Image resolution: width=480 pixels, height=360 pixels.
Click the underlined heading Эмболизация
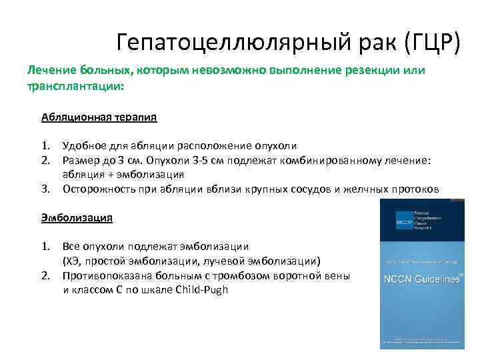(x=77, y=217)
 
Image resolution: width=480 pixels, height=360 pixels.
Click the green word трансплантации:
(x=75, y=87)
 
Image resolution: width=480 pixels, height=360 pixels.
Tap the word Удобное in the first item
(x=83, y=146)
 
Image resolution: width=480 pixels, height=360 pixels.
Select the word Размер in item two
(x=80, y=160)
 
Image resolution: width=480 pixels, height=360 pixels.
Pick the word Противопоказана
(x=105, y=275)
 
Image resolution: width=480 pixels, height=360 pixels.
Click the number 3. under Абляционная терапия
(x=46, y=189)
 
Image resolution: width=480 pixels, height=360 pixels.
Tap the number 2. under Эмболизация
(x=46, y=275)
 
